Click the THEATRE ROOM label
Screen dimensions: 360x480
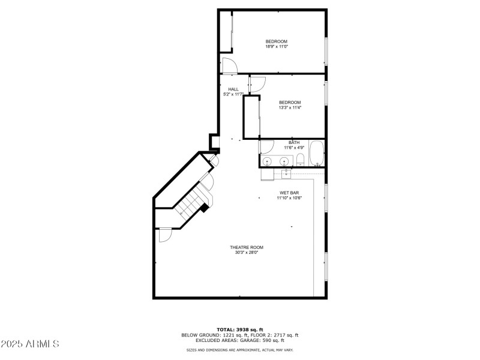(x=247, y=247)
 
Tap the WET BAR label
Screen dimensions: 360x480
(x=289, y=193)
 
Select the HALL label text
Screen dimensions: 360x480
(x=233, y=89)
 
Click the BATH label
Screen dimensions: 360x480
(x=294, y=142)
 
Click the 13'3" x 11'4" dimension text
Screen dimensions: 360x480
(x=290, y=107)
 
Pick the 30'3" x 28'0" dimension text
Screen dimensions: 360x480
(x=247, y=253)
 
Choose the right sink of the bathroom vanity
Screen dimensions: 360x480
(x=284, y=161)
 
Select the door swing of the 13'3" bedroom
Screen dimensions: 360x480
(x=257, y=85)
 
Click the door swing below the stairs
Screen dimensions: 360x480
(x=165, y=235)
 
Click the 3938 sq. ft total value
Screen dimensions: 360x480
(x=250, y=329)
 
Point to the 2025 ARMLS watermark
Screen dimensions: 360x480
(x=30, y=344)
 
